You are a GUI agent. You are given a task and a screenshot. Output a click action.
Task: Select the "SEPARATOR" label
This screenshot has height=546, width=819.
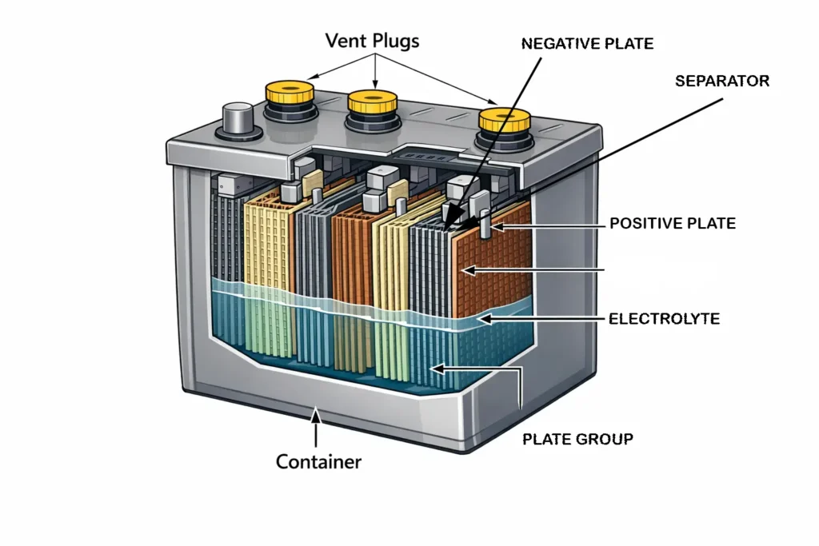(722, 81)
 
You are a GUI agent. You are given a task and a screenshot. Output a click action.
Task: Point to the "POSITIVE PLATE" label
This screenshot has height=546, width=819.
(672, 223)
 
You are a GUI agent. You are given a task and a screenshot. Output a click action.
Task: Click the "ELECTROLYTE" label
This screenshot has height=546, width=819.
(665, 318)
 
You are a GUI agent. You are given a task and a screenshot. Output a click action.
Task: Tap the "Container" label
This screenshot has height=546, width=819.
(318, 461)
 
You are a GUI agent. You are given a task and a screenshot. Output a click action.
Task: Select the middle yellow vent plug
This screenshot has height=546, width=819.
(374, 102)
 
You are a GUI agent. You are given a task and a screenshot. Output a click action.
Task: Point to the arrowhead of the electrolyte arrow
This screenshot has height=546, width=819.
(483, 319)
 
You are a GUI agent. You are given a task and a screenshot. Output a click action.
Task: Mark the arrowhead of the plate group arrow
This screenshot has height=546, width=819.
(435, 368)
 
